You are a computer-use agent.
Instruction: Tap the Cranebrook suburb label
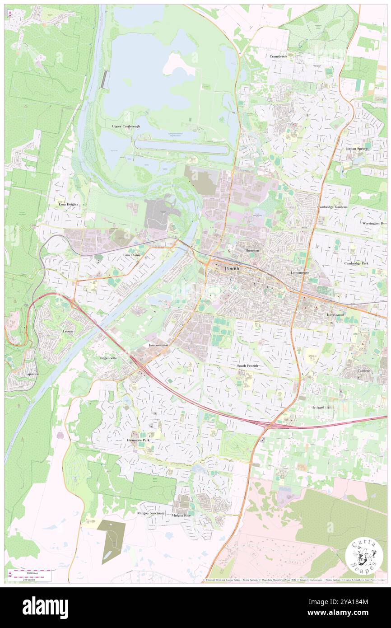tap(279, 56)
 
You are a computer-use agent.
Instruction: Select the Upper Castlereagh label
tap(126, 127)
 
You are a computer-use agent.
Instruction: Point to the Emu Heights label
tap(69, 204)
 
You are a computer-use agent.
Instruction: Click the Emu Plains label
tap(132, 255)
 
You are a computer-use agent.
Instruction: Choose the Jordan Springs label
tap(358, 148)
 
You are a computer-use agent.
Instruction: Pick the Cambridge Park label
tap(356, 263)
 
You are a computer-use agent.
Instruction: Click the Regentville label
tap(108, 357)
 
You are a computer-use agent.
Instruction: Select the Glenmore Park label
tap(138, 440)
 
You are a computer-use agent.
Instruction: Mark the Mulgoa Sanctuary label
tap(151, 513)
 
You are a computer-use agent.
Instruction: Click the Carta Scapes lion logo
tap(364, 556)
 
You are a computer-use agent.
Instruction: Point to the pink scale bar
tap(32, 572)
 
